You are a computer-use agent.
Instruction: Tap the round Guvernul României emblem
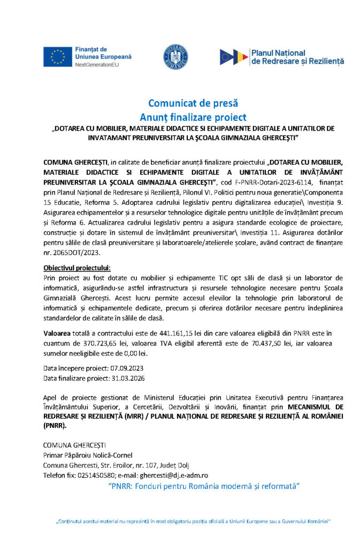pyautogui.click(x=175, y=57)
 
